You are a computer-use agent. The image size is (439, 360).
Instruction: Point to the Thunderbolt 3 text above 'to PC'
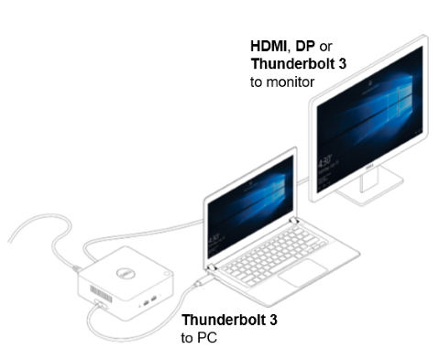tap(230, 320)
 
